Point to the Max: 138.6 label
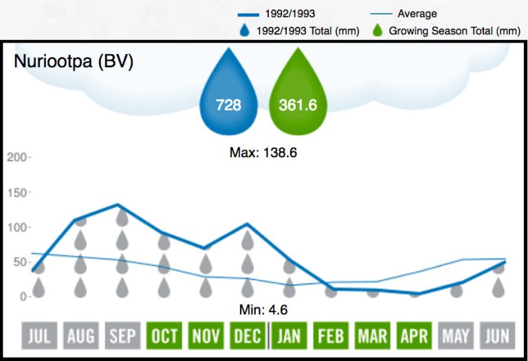coord(263,152)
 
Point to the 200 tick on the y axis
coord(16,157)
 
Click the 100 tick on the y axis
coord(16,227)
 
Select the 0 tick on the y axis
coord(22,296)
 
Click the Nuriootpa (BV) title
coord(74,61)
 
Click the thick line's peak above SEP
coord(119,205)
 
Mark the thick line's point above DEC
coord(247,224)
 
